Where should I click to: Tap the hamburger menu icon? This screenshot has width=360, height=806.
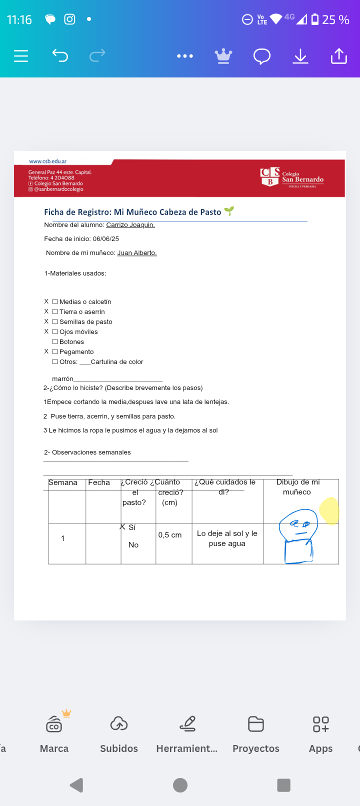(21, 56)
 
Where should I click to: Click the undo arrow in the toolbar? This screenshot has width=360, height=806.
(60, 55)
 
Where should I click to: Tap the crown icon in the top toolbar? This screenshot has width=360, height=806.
(223, 56)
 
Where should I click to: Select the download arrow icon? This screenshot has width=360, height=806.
(300, 56)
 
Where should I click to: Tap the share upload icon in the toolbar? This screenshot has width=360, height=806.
(338, 56)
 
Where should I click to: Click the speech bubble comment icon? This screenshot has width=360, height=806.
(261, 56)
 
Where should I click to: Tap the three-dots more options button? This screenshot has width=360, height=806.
(185, 56)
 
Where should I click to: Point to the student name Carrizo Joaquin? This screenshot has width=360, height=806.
(130, 225)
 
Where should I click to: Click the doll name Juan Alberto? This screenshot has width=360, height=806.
(137, 253)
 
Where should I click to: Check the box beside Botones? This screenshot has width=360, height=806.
(55, 342)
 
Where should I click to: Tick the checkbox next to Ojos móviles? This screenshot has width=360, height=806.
(55, 332)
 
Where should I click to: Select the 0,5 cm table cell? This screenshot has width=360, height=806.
(170, 535)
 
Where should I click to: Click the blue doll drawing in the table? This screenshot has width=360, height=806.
(298, 536)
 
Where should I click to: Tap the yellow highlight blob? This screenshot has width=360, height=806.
(329, 510)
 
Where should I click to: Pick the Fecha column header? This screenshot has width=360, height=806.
(99, 482)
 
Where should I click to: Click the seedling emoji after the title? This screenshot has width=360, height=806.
(229, 211)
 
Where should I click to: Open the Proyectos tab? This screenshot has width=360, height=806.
(256, 733)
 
